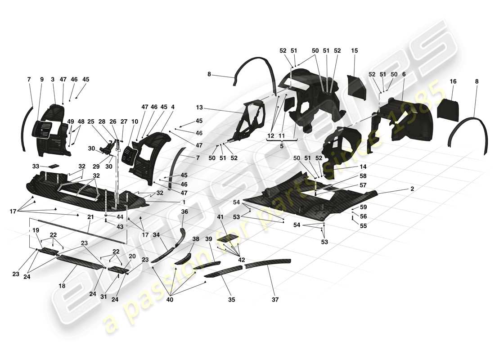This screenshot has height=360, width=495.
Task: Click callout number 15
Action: pyautogui.click(x=354, y=51)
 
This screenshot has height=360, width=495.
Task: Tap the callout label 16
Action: pyautogui.click(x=453, y=81)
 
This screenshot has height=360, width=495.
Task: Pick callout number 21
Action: pyautogui.click(x=90, y=217)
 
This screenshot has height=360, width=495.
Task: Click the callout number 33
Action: pyautogui.click(x=36, y=166)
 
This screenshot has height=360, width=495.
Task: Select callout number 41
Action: pyautogui.click(x=220, y=217)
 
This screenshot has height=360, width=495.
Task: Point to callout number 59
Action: pyautogui.click(x=363, y=208)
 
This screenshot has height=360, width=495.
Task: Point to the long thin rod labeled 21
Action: pyautogui.click(x=81, y=230)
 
